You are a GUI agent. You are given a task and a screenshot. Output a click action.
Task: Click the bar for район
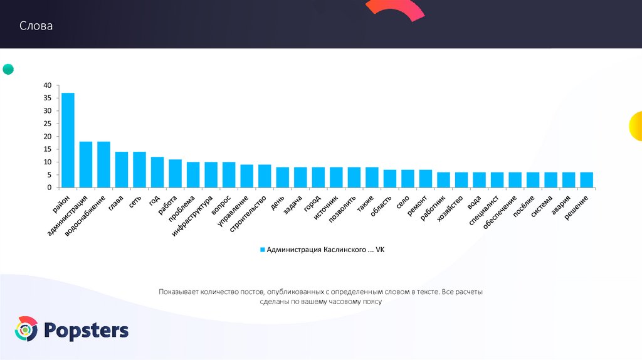coord(68,140)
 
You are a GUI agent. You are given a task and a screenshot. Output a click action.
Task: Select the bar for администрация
coord(86,164)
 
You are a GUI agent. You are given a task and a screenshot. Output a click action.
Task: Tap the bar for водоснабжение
coord(103,164)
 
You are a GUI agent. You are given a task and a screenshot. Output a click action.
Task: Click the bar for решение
coord(586,180)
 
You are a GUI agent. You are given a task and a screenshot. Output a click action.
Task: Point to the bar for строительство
coord(265,176)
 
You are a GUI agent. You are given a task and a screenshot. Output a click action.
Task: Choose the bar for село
coord(408,179)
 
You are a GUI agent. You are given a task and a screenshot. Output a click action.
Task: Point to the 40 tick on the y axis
coord(48,85)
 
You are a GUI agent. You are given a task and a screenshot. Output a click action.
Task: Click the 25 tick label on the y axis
coord(48,124)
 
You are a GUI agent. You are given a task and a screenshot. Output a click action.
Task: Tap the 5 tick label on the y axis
coord(50,175)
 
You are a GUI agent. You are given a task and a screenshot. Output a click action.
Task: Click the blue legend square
coord(263,250)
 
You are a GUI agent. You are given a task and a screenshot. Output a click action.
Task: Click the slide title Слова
coord(36,26)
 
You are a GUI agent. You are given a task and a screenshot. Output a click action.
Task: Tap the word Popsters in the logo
coord(86,330)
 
